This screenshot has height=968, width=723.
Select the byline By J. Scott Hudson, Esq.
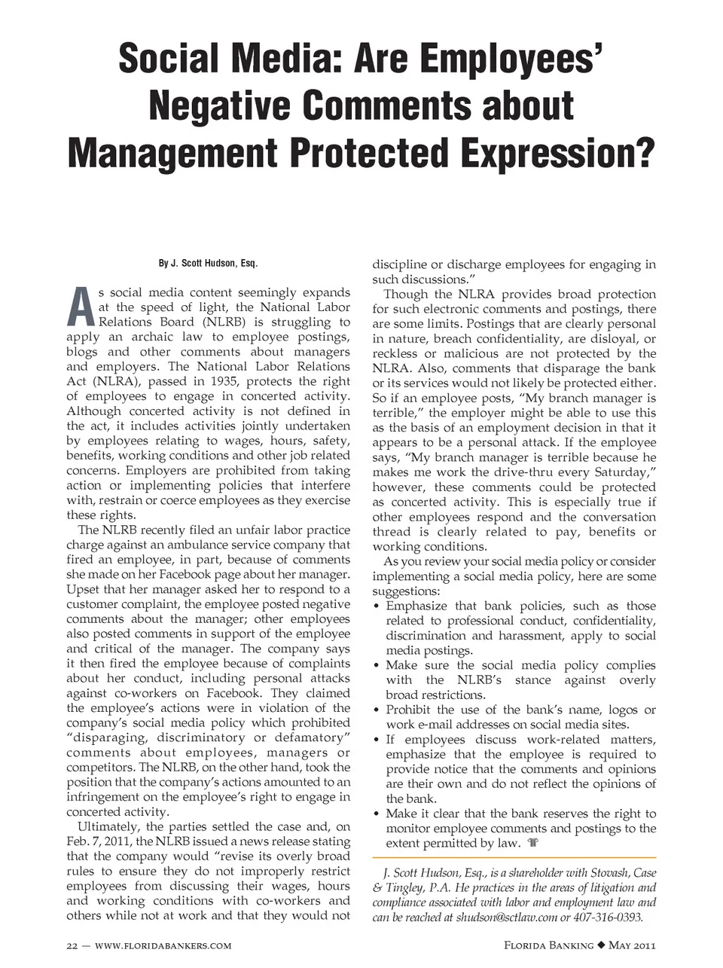point(208,263)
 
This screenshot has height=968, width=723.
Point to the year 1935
point(224,381)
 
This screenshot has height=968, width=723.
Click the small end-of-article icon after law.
point(533,843)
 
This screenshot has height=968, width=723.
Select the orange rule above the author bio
point(514,857)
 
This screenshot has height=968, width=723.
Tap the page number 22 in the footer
point(72,945)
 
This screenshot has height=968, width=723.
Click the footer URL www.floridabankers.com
point(163,945)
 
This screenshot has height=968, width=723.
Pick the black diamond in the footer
point(601,945)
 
